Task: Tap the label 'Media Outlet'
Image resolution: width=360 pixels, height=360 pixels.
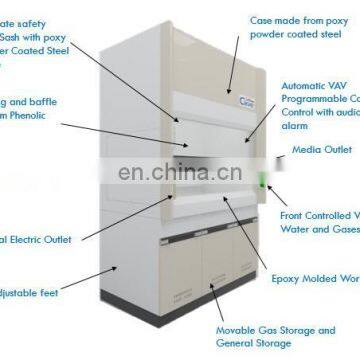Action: click(321, 150)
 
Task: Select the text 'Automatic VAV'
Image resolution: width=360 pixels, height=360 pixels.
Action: click(318, 86)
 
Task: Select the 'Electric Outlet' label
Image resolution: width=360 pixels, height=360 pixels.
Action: click(30, 240)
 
